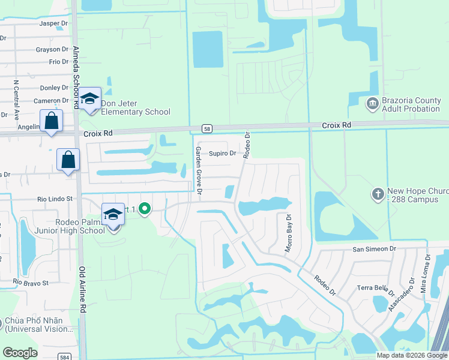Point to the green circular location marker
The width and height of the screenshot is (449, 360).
144,209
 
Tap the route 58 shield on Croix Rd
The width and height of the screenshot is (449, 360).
206,128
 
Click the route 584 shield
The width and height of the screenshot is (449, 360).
64,356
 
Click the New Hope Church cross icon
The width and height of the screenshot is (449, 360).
378,194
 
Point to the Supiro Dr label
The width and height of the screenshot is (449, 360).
223,154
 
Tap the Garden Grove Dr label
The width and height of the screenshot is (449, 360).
198,172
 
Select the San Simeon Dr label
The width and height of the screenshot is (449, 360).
375,248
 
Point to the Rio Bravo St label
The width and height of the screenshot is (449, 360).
31,282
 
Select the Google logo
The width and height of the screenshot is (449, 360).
20,353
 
